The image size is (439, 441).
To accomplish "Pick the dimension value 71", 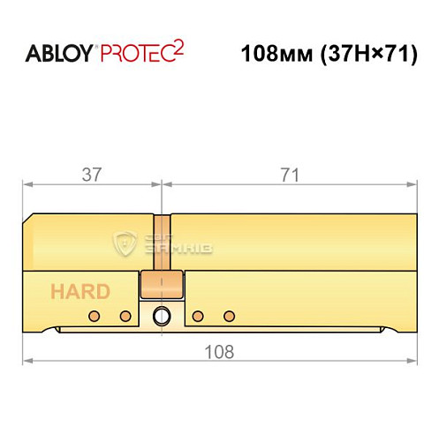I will tap(288, 175).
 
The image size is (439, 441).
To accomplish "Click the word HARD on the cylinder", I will tap(80, 292).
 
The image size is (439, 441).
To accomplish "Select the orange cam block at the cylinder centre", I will tap(161, 284).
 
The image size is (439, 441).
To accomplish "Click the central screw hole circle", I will tap(162, 316).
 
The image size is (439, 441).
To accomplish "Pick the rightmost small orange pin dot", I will tap(231, 316).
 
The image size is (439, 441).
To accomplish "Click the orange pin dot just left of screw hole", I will tap(125, 316).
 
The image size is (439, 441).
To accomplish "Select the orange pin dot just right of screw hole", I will tap(198, 316).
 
